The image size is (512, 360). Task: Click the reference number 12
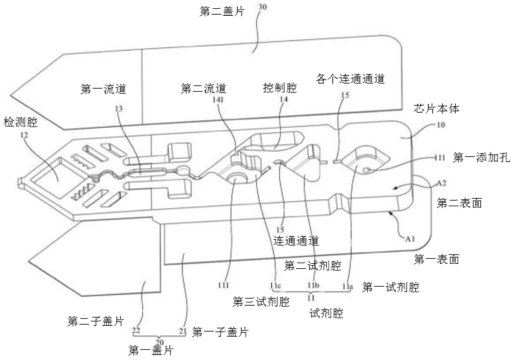pos(23,134)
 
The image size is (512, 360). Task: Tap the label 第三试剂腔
pos(261,301)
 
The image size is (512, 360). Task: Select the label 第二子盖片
pos(95,321)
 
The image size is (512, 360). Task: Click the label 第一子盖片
pos(219,332)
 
